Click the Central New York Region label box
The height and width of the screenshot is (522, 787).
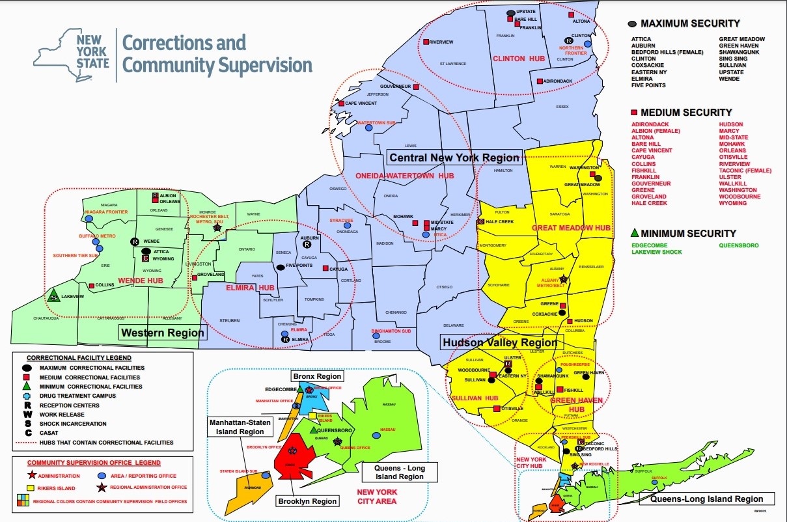click(454, 157)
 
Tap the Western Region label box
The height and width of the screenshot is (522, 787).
click(163, 333)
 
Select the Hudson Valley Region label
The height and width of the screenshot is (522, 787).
click(499, 343)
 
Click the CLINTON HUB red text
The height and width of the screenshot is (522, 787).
click(509, 59)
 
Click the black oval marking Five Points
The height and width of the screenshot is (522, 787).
click(280, 267)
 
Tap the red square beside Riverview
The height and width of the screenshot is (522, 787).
click(426, 42)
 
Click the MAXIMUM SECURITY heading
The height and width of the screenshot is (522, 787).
click(690, 23)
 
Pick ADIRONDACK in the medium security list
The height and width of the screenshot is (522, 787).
click(650, 124)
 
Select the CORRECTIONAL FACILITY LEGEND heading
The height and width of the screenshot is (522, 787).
click(79, 358)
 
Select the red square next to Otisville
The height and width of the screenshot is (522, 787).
click(497, 408)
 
